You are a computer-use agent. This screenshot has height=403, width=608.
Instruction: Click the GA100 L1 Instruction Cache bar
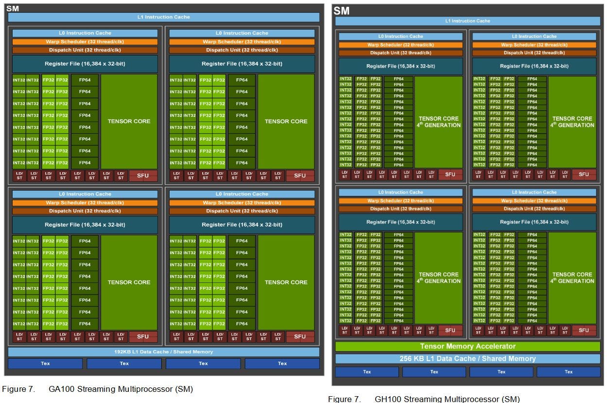[x=163, y=17]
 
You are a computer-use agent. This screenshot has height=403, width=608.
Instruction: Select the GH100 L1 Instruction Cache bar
[x=468, y=21]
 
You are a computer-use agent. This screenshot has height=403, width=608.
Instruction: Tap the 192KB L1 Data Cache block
[x=163, y=351]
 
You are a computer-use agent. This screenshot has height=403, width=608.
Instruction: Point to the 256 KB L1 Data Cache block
[x=468, y=359]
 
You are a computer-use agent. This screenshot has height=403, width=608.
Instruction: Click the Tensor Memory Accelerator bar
[x=468, y=346]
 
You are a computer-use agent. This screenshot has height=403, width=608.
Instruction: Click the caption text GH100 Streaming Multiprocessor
[x=447, y=399]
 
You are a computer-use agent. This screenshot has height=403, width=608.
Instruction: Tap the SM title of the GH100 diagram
[x=342, y=11]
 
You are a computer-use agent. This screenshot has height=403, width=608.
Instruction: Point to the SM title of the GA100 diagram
[x=13, y=8]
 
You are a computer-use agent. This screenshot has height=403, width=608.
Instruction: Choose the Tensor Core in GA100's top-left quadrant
[x=129, y=121]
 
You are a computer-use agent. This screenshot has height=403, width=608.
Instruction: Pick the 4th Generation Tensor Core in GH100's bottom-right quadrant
[x=573, y=278]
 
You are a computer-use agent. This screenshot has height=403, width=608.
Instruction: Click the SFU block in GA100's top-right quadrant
[x=300, y=175]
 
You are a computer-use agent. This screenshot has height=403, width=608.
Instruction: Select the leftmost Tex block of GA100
[x=45, y=363]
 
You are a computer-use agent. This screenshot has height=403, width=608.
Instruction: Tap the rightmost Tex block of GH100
[x=568, y=372]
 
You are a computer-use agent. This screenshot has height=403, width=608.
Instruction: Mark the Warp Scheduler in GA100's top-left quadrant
[x=85, y=42]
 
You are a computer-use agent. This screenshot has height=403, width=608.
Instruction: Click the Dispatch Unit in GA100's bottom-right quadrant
[x=242, y=211]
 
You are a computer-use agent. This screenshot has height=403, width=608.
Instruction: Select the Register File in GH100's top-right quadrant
[x=534, y=66]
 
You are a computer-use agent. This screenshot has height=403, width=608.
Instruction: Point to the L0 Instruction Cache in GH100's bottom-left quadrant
[x=400, y=193]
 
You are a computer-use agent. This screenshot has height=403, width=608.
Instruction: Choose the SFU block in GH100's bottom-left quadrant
[x=450, y=330]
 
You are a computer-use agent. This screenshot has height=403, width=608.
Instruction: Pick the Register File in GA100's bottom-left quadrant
[x=85, y=225]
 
